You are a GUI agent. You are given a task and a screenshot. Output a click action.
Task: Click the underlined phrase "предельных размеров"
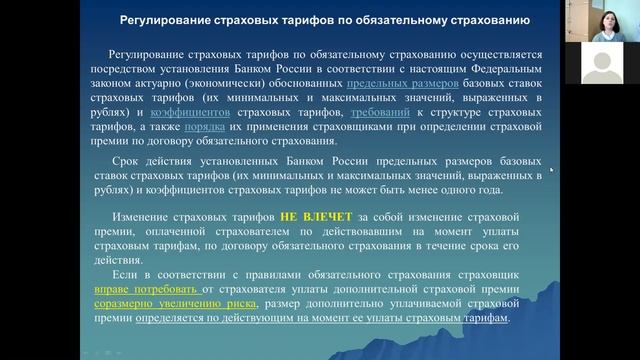405,86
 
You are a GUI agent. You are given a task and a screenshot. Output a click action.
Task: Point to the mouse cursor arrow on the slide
551,169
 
